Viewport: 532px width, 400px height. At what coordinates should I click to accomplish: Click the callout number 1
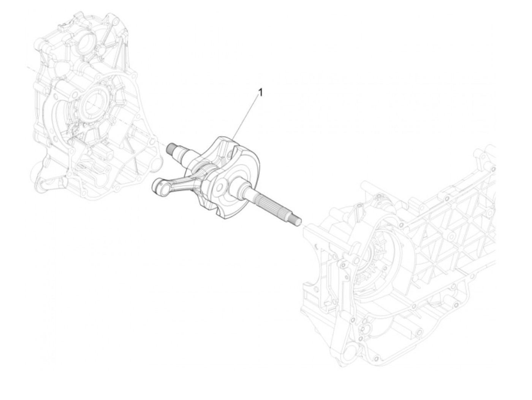(x=261, y=92)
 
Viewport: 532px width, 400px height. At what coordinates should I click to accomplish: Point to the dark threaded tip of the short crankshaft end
(x=171, y=148)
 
